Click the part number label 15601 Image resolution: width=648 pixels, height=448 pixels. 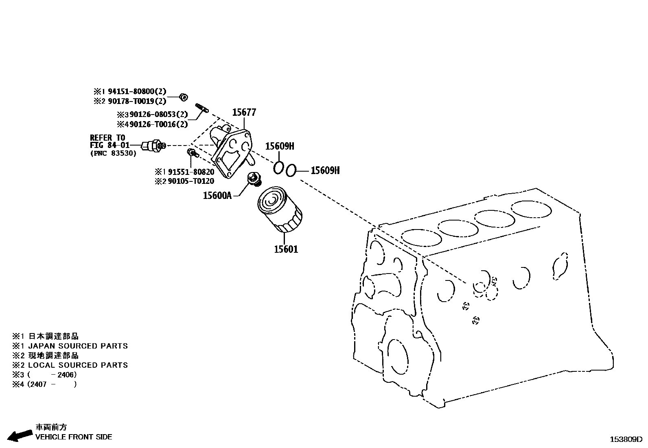click(286, 249)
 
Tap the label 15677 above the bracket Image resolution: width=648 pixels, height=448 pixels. click(244, 112)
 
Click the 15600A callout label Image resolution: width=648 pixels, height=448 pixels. click(217, 196)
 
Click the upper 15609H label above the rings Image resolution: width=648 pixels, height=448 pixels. click(280, 146)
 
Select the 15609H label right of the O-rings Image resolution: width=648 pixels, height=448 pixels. click(325, 170)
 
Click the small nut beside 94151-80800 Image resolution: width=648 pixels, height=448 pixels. click(184, 97)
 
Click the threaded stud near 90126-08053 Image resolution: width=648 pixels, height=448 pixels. click(202, 108)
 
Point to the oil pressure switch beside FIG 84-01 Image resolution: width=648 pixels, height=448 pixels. click(153, 145)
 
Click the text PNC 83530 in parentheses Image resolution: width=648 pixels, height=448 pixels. click(113, 153)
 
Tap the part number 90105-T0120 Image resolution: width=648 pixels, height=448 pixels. click(190, 181)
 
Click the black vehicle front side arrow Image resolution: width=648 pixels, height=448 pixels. click(20, 435)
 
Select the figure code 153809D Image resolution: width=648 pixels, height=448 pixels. click(625, 439)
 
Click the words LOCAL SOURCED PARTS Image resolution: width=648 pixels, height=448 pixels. click(78, 365)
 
